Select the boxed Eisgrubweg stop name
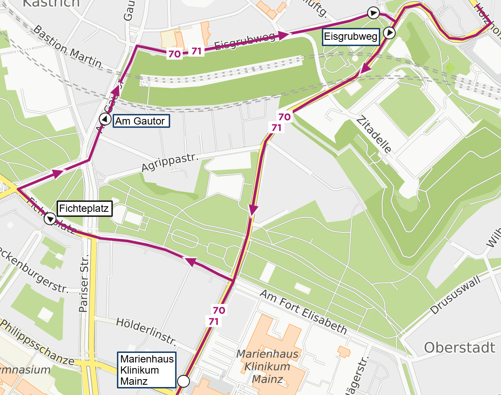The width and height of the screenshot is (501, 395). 351,37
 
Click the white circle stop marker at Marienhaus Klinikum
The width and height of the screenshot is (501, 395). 183,380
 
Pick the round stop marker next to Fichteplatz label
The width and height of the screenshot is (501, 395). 50,220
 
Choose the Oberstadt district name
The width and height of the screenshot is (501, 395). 459,347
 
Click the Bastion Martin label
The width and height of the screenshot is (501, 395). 67,48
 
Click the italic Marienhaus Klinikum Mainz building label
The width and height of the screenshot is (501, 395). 264,367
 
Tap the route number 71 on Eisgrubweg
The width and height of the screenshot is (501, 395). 196,51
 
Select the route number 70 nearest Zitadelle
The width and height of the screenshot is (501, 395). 285,116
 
